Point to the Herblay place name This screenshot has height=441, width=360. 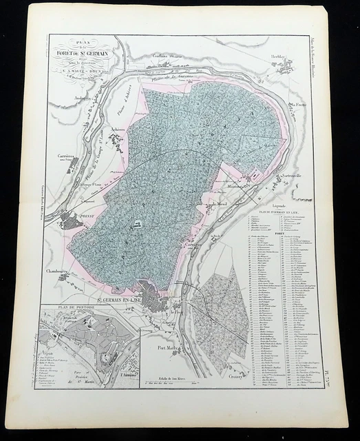pos(277,57)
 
